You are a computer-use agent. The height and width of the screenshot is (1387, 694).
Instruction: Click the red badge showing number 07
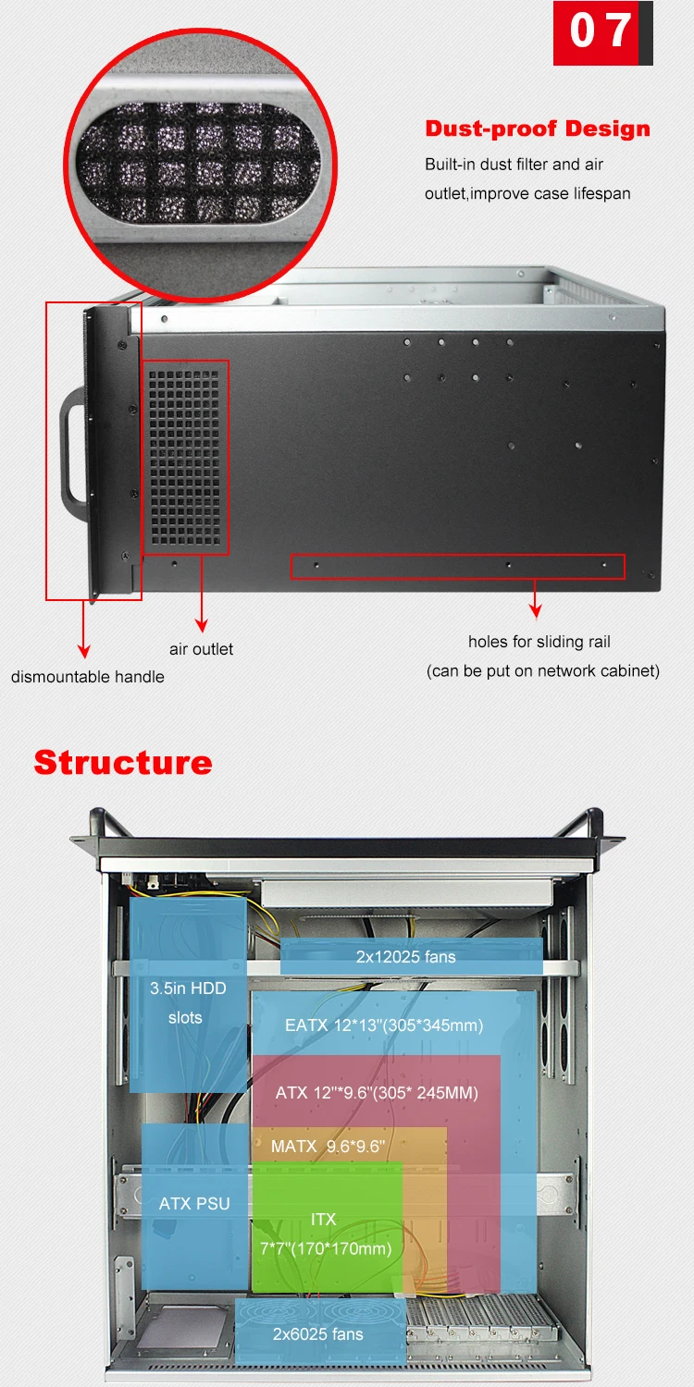click(x=601, y=33)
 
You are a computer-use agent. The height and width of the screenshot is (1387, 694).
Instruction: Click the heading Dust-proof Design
click(x=537, y=129)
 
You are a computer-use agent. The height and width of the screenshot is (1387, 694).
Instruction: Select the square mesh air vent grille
click(x=185, y=457)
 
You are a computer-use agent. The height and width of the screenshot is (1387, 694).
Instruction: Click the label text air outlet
click(x=201, y=649)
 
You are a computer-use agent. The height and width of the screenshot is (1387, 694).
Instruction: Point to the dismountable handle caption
click(x=87, y=677)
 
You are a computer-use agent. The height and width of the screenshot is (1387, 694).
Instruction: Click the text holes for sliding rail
click(x=539, y=642)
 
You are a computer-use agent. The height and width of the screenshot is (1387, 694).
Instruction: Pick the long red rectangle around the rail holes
click(x=457, y=566)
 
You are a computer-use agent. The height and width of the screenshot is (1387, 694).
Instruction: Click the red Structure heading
click(x=123, y=762)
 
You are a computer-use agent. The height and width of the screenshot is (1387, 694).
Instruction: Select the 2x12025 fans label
click(x=405, y=956)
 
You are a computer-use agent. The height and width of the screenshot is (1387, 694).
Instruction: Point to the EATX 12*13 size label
click(x=383, y=1025)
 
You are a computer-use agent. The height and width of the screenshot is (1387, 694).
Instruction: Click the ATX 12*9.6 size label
click(x=377, y=1093)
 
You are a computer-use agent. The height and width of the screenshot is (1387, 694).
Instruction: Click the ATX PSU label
click(x=194, y=1203)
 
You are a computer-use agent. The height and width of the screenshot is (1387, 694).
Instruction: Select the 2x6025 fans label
click(x=317, y=1333)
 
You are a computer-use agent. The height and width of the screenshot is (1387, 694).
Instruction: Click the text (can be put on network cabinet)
click(x=543, y=670)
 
